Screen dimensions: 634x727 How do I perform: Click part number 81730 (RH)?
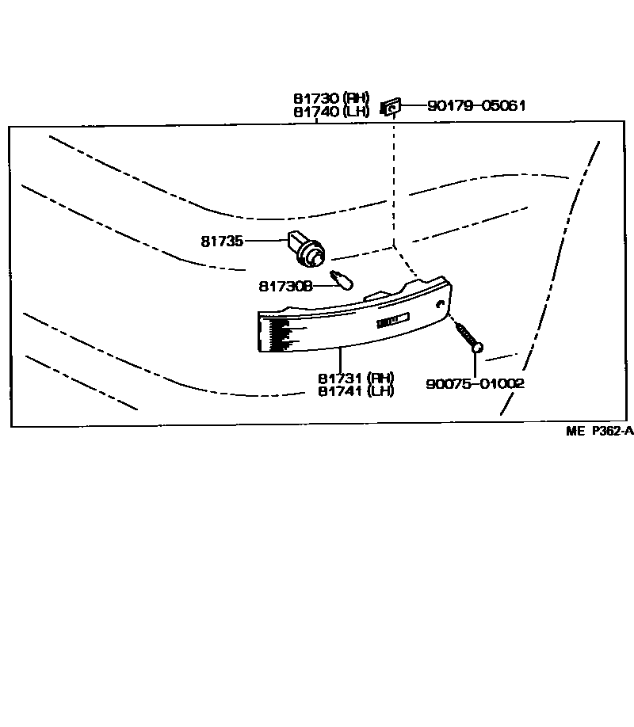[331, 98]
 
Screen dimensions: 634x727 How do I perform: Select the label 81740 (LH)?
[331, 112]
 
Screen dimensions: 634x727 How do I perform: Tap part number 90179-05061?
[476, 105]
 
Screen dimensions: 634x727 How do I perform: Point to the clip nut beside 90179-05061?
[391, 108]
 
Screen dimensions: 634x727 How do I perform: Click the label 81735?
[222, 241]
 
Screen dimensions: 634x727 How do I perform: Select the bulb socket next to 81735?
[307, 249]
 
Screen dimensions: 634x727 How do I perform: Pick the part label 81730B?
[286, 287]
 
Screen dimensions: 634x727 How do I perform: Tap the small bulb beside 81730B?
[342, 280]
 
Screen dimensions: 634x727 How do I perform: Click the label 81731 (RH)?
[356, 378]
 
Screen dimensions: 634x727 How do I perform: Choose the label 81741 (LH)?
[356, 391]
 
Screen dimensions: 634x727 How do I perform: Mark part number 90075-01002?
[475, 383]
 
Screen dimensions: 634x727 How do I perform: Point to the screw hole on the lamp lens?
[440, 304]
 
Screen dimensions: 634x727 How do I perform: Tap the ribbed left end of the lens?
[274, 333]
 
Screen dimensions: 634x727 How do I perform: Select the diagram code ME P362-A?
[600, 431]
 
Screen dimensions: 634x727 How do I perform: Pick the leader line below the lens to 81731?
[340, 359]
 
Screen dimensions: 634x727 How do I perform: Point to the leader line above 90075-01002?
[475, 365]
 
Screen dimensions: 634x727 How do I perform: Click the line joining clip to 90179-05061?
[413, 105]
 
